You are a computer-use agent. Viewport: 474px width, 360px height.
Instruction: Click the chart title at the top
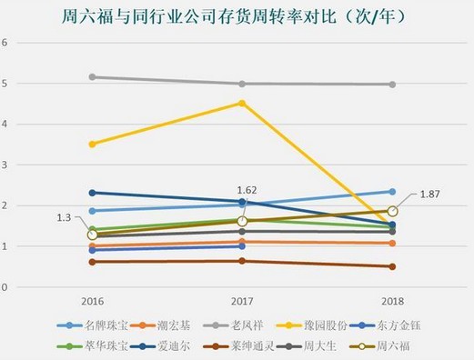(236, 17)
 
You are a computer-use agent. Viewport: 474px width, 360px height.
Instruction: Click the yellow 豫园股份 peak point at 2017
(242, 103)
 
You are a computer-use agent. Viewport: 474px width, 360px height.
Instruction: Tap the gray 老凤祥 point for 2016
(92, 77)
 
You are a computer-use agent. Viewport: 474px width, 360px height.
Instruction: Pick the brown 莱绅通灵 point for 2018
(392, 266)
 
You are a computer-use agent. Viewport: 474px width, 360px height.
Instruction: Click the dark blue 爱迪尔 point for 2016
(92, 193)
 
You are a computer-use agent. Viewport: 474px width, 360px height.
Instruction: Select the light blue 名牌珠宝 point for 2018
(392, 192)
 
